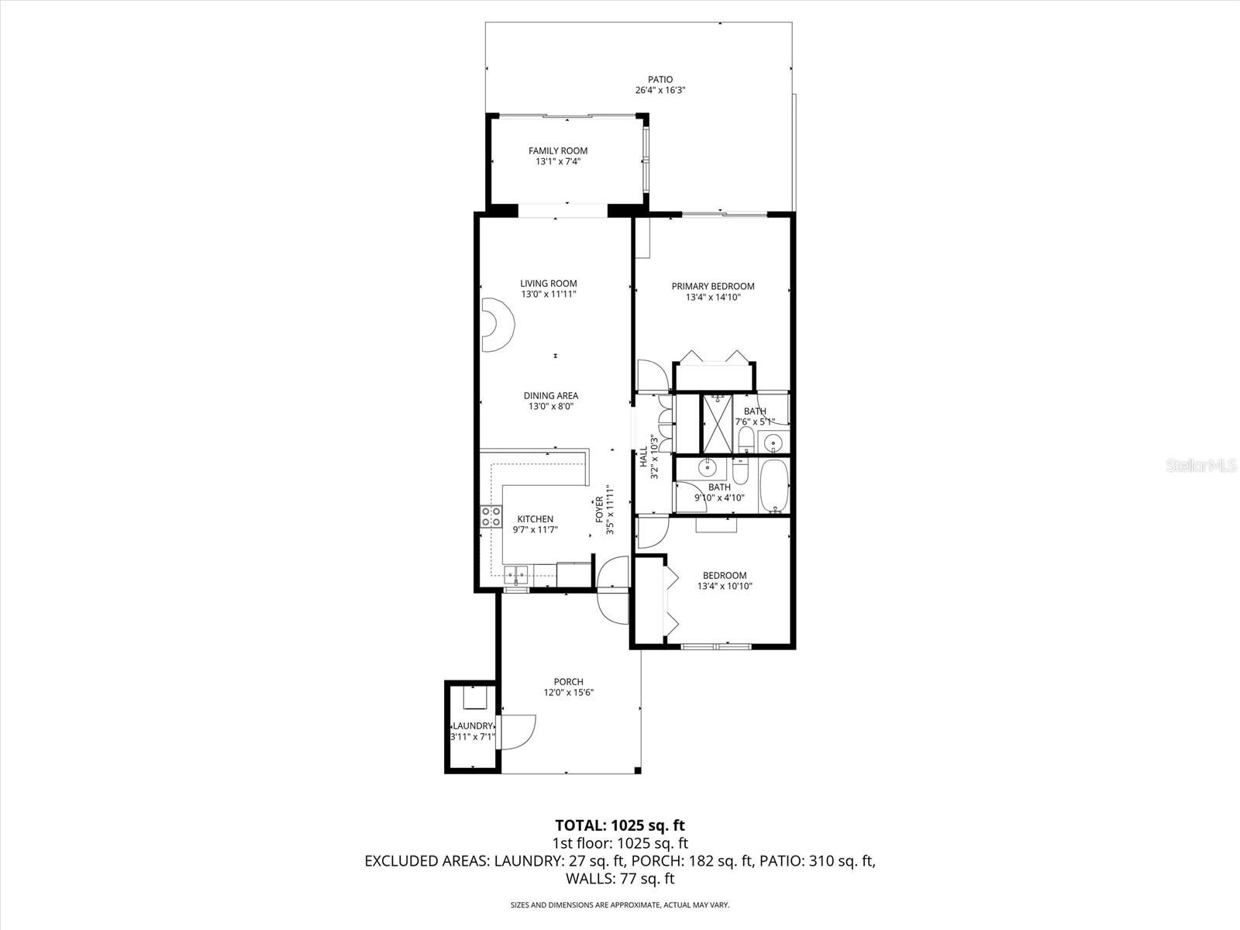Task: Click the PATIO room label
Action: pyautogui.click(x=660, y=80)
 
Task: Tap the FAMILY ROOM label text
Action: pyautogui.click(x=557, y=151)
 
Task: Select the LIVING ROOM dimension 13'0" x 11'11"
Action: pyautogui.click(x=549, y=294)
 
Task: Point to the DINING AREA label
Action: pyautogui.click(x=551, y=396)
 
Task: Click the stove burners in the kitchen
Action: pyautogui.click(x=491, y=516)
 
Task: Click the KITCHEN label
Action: pyautogui.click(x=535, y=519)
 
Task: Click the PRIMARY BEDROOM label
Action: pyautogui.click(x=713, y=286)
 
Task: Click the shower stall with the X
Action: pyautogui.click(x=717, y=423)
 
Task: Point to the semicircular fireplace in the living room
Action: pyautogui.click(x=498, y=325)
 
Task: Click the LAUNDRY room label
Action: pyautogui.click(x=473, y=726)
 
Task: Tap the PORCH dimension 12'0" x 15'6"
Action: pyautogui.click(x=568, y=692)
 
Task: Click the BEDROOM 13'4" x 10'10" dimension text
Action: pyautogui.click(x=725, y=586)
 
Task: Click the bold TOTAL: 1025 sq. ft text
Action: pyautogui.click(x=620, y=825)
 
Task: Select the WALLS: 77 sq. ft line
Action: pyautogui.click(x=620, y=879)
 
